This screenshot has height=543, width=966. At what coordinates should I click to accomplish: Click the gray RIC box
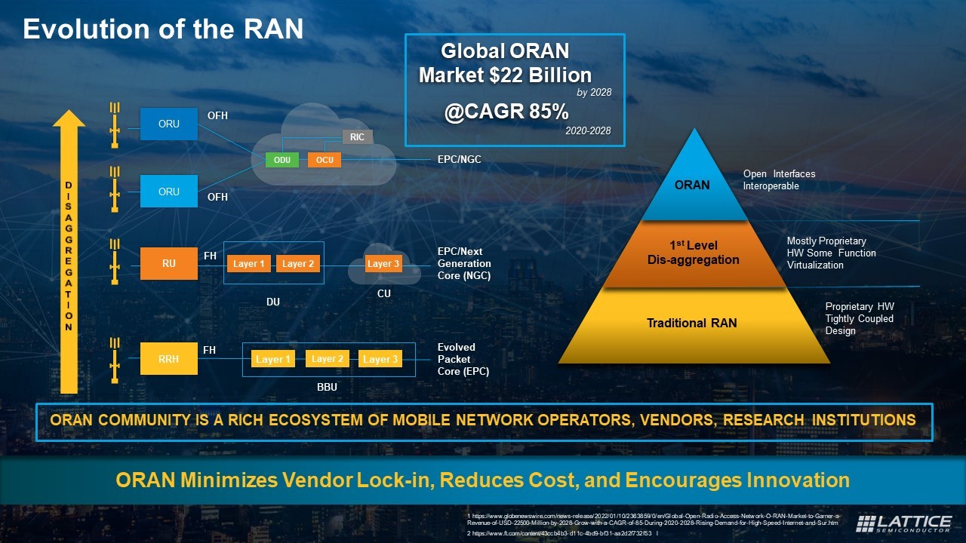(358, 137)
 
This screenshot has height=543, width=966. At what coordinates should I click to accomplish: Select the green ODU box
(281, 160)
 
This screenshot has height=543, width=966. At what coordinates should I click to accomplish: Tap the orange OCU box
(325, 160)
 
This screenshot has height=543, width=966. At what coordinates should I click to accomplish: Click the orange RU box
(169, 264)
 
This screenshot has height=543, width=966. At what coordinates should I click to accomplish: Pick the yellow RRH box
(169, 359)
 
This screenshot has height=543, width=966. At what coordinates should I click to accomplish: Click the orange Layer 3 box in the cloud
(383, 264)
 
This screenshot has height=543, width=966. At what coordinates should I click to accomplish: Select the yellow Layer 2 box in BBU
(328, 359)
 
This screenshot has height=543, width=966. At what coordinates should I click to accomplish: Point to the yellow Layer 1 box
(272, 360)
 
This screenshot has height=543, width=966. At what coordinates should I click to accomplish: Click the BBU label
(327, 387)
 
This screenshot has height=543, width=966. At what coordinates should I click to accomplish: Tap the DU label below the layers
(273, 302)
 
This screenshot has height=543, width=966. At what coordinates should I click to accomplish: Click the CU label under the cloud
(383, 293)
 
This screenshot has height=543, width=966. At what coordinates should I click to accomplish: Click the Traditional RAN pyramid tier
(691, 324)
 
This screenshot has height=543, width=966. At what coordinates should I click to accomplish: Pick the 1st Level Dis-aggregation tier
(693, 253)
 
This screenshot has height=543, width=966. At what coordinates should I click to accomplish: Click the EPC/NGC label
(459, 160)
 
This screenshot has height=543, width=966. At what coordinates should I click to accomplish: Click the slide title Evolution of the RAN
(163, 29)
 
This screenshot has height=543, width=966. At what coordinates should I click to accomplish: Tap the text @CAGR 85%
(506, 112)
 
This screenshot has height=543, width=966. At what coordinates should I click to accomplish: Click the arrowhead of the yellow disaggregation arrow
(69, 119)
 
